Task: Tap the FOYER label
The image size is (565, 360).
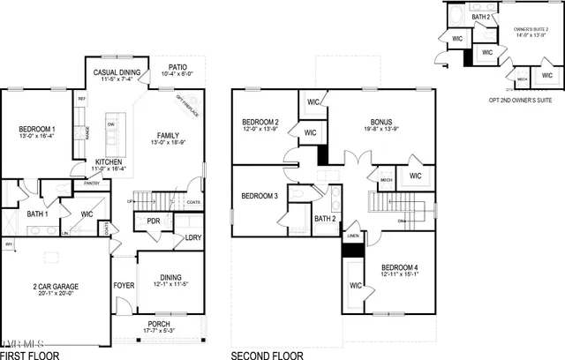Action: pos(124,285)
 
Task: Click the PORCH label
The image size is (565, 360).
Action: pos(158,324)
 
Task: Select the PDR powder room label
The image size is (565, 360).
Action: pos(154,221)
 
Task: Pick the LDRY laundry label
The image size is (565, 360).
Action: pos(194,237)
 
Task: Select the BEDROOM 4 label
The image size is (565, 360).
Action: pos(401,266)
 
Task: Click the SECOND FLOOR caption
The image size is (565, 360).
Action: pos(267,356)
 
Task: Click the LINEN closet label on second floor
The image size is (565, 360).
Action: pos(352,236)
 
